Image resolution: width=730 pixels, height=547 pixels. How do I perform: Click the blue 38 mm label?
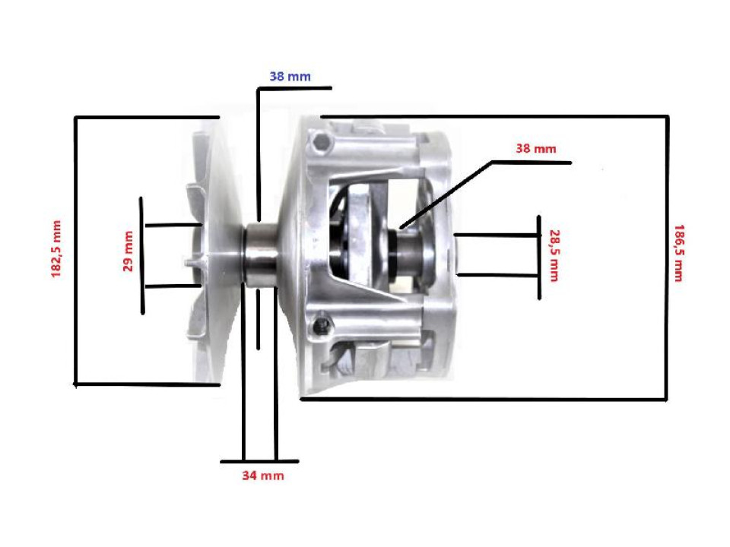(x=290, y=76)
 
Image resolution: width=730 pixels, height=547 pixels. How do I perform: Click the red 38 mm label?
(x=535, y=149)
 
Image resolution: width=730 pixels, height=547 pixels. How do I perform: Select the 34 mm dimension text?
(x=262, y=476)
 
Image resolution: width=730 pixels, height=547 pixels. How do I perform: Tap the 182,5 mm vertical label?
(x=56, y=249)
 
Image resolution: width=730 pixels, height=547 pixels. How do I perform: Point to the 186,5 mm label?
(x=678, y=252)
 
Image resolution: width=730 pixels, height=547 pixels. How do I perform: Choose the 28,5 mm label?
(x=553, y=255)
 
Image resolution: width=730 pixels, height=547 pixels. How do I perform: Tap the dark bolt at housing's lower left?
(x=325, y=325)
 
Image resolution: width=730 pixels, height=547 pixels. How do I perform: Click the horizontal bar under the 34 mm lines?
(x=259, y=461)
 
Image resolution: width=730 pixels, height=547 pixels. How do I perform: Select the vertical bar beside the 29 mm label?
(x=141, y=255)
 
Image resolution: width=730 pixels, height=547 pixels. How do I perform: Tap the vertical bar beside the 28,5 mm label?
(x=538, y=257)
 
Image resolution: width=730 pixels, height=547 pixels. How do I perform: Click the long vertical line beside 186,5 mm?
(x=667, y=258)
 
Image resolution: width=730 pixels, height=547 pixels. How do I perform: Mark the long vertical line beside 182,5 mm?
(x=75, y=251)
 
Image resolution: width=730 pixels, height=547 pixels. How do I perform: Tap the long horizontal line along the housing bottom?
(x=487, y=400)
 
